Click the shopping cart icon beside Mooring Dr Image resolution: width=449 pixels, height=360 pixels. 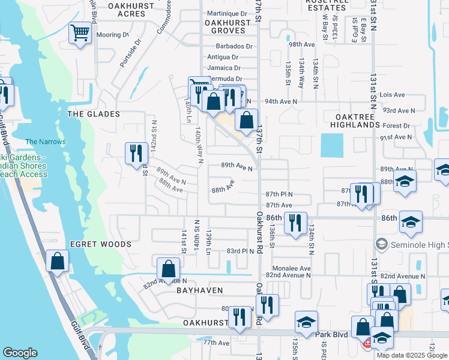coord(80,33)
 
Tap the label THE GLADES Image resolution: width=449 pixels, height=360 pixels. coord(94,114)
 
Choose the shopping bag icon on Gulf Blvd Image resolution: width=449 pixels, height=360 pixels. coord(57,261)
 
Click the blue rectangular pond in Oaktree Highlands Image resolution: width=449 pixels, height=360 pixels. coord(332,145)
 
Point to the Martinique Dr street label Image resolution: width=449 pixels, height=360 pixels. coord(226,13)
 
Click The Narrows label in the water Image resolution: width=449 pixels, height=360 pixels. coord(46,142)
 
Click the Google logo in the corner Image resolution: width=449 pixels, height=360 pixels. coord(20,353)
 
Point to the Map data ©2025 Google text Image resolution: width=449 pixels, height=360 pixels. coord(412,355)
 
